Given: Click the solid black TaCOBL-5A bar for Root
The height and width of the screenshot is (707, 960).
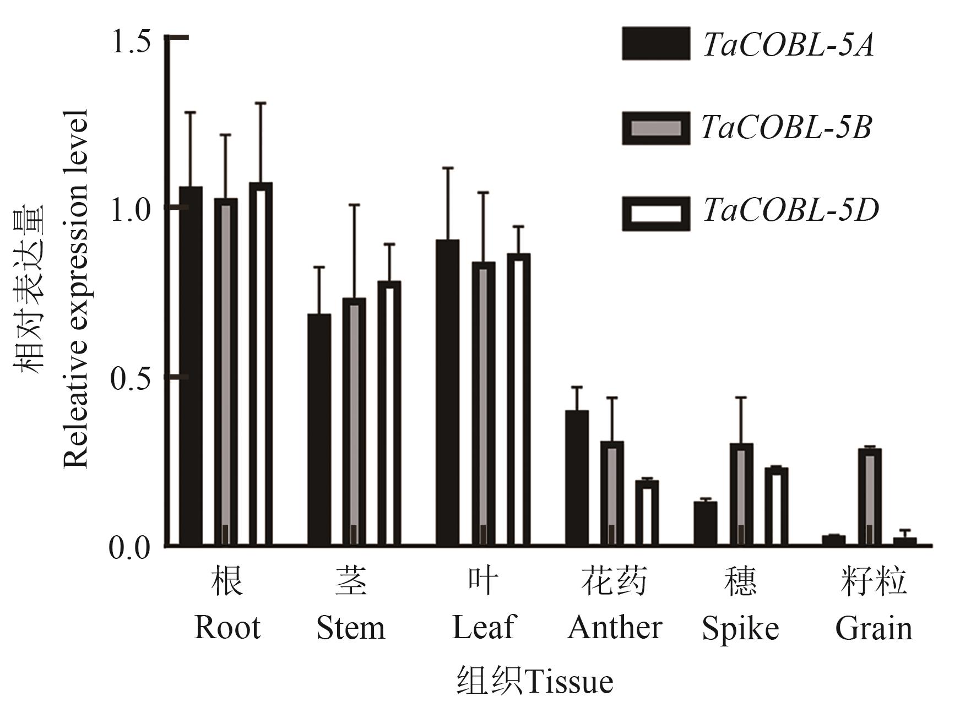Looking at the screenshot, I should [191, 366].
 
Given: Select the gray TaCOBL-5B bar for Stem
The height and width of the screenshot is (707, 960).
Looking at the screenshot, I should [354, 422].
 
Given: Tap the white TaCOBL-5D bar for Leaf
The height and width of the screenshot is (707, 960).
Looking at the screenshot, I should [518, 400].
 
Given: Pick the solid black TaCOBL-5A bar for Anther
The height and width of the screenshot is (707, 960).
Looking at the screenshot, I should [577, 478].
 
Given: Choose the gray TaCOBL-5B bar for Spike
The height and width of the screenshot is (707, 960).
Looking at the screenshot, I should [741, 494].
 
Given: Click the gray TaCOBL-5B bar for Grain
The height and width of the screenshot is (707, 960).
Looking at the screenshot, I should [870, 497].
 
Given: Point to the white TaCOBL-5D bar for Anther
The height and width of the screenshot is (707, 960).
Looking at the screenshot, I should [647, 513].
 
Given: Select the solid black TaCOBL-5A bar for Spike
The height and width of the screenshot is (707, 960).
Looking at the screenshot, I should [705, 524].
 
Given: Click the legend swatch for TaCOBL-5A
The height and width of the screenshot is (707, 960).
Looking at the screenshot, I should [655, 43].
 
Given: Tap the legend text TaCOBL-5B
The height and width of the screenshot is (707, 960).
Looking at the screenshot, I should [786, 128].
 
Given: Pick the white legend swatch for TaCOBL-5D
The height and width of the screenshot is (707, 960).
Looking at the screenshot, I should [655, 213].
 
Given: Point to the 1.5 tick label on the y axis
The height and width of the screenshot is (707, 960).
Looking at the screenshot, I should [131, 42].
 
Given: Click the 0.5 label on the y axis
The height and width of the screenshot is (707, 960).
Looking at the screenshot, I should [131, 378].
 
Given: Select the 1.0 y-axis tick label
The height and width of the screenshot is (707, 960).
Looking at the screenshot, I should [131, 210].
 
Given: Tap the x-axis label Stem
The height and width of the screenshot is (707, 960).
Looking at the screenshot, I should [350, 628].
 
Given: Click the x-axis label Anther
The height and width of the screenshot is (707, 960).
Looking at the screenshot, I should [614, 628].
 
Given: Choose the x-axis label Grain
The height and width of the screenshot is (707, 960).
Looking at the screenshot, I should [874, 628].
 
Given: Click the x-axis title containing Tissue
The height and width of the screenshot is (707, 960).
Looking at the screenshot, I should [534, 681].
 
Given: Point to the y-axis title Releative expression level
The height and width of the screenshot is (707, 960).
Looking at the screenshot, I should [76, 289].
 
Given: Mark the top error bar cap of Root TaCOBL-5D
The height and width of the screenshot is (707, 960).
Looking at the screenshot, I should [261, 103].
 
